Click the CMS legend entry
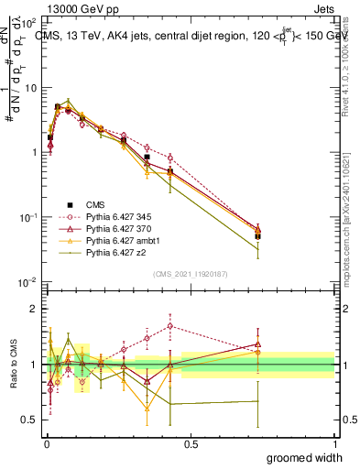pos(93,205)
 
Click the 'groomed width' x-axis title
pos(304,457)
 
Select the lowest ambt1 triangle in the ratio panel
pos(147,408)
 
